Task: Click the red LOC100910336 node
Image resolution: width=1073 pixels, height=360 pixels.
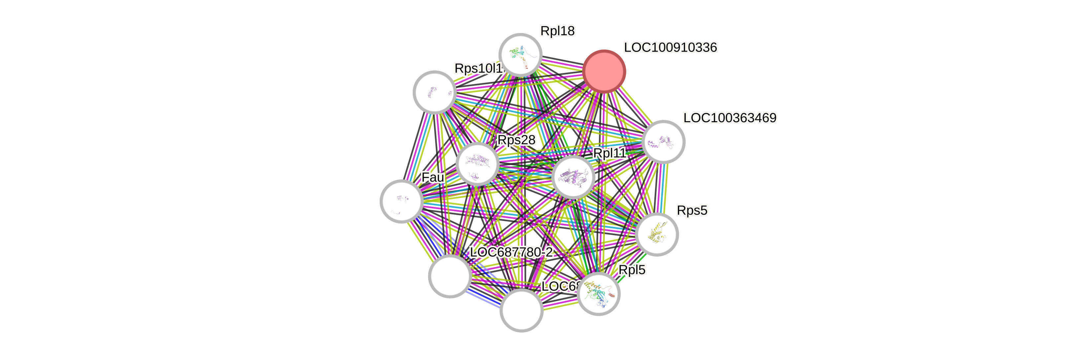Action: (604, 71)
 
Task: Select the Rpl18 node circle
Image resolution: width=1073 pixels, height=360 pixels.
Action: (520, 55)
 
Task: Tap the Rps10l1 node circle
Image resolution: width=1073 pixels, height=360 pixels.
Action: (434, 92)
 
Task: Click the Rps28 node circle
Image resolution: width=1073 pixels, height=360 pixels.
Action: (477, 164)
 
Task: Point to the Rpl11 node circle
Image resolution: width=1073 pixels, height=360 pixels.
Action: (573, 177)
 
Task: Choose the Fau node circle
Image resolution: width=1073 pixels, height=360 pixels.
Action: (401, 201)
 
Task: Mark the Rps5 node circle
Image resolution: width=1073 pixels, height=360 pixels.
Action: (657, 234)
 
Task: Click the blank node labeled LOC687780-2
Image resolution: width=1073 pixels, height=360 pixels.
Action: (450, 276)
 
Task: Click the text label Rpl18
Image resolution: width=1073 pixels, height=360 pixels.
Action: (557, 31)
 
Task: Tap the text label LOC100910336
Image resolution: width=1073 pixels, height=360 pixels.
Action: (670, 48)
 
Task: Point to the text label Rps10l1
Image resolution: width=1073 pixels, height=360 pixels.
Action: (478, 68)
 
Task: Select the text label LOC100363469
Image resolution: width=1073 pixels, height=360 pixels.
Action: (730, 118)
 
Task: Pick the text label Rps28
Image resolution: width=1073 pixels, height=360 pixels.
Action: (516, 140)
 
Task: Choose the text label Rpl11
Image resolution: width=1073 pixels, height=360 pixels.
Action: (609, 153)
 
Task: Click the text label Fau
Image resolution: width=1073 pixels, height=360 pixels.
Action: (433, 177)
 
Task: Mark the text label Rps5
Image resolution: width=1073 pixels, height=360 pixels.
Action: (692, 210)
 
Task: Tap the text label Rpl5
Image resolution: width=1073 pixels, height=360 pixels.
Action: (632, 270)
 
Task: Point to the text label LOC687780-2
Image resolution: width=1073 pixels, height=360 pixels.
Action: (511, 252)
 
